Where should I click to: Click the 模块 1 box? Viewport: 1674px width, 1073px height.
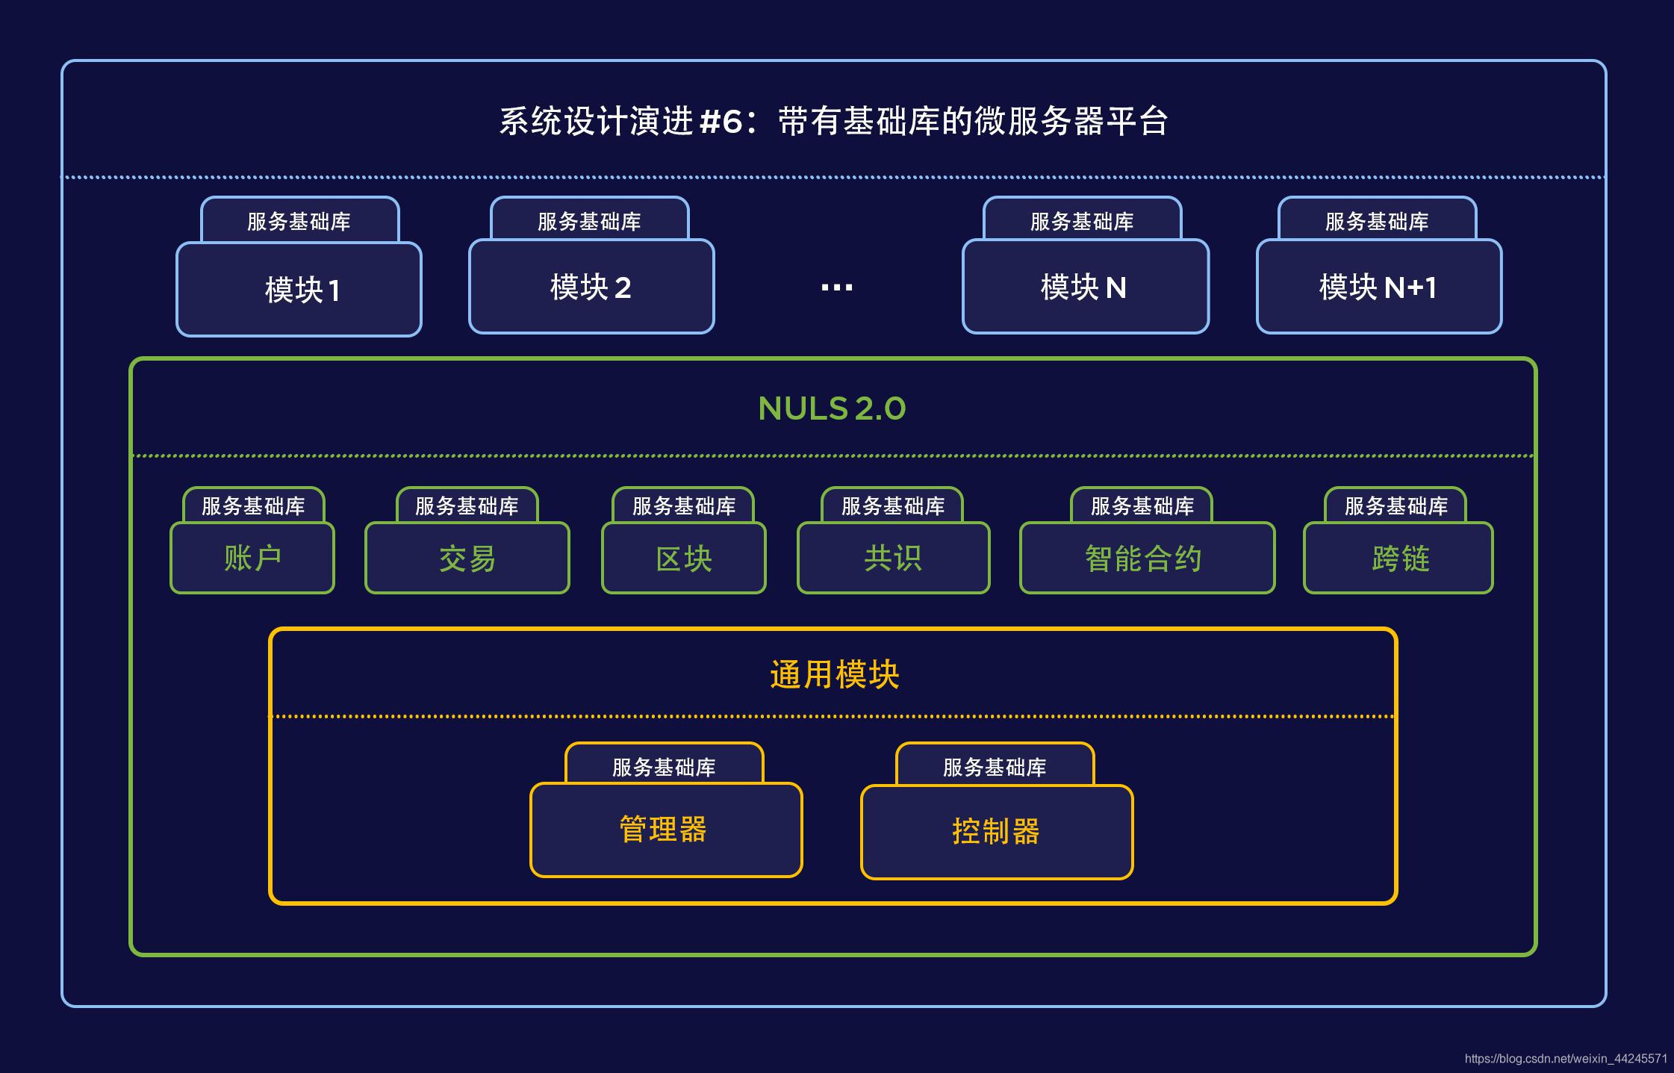(299, 290)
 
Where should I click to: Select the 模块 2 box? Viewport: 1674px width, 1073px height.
(591, 287)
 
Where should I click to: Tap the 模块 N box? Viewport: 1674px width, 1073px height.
(1085, 287)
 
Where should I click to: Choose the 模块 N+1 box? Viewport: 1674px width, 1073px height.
(1378, 287)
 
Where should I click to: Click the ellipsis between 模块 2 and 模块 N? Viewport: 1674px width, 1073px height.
(836, 287)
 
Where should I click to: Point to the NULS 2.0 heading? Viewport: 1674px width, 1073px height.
(832, 408)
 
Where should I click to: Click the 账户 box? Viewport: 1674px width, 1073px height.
(252, 559)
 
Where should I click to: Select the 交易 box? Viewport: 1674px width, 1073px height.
(467, 559)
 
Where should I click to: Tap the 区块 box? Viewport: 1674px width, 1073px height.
(683, 559)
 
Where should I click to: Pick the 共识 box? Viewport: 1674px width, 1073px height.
(893, 559)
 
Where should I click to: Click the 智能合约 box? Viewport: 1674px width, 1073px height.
(1147, 559)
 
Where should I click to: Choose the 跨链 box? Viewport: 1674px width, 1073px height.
(1398, 559)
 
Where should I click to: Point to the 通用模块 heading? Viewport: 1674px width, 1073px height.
(834, 674)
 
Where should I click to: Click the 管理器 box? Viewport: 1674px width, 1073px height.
(666, 830)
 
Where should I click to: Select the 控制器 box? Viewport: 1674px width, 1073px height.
(997, 832)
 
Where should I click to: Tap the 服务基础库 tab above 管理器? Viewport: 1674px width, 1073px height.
(664, 766)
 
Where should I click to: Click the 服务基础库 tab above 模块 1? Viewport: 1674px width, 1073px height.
(299, 221)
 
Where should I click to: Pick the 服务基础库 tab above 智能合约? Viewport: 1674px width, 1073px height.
(1142, 506)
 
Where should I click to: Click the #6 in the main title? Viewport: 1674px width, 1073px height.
(721, 122)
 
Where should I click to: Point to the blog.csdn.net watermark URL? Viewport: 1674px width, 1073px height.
(1565, 1059)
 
